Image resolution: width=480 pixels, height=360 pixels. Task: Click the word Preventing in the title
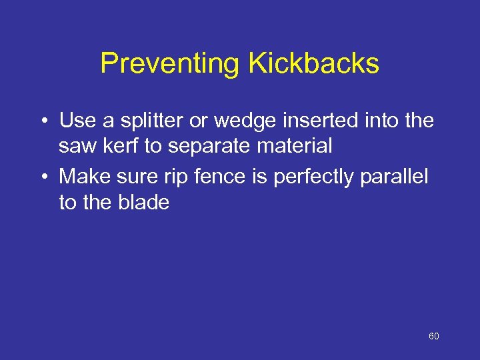[170, 64]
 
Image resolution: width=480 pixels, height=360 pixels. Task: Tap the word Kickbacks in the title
[313, 64]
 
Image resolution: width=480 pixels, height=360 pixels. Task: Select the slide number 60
[433, 337]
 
